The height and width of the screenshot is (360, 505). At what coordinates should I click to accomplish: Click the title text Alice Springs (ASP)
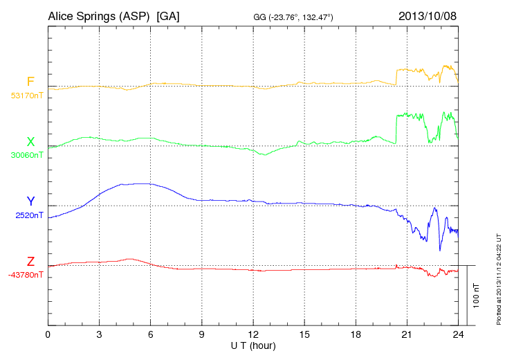100,15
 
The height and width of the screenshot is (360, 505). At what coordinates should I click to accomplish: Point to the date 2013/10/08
428,15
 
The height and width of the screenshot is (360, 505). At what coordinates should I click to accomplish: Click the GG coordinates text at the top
294,16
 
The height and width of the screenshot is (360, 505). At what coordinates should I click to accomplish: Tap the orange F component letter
30,82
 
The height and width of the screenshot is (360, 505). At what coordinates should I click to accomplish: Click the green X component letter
30,141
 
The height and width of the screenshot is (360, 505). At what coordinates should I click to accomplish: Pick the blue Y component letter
30,201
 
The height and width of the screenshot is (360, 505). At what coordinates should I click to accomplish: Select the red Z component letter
30,261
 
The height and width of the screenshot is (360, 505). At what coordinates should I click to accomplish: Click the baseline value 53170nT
26,96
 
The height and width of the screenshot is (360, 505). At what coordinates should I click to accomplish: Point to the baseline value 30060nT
26,155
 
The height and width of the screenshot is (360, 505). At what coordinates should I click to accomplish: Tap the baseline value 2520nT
28,215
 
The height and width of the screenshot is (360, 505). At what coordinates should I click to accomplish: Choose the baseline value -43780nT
26,275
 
